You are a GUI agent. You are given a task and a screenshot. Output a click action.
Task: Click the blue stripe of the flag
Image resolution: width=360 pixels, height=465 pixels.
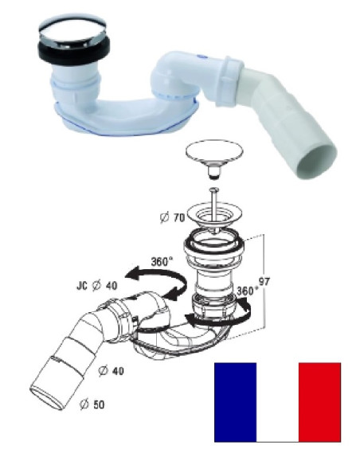[x=235, y=401]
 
